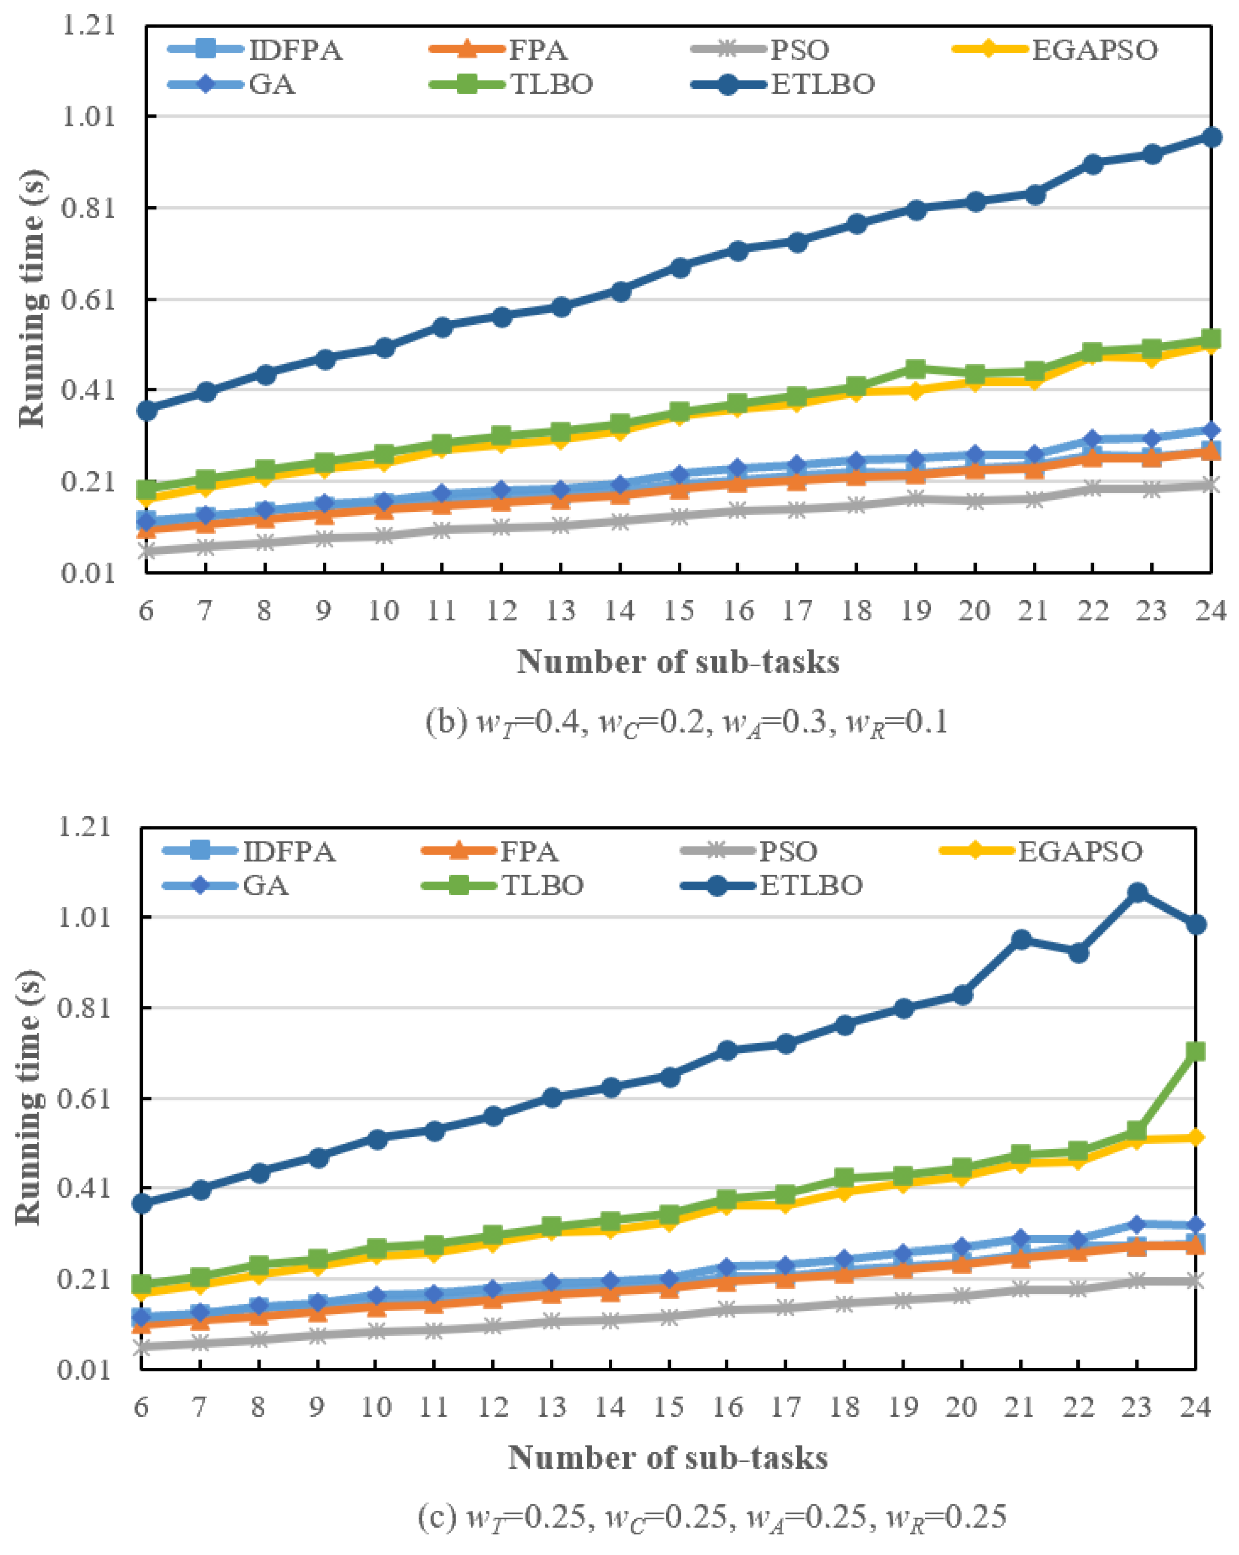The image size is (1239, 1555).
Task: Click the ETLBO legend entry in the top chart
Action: tap(822, 85)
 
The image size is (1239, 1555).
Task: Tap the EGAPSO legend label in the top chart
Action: tap(1094, 51)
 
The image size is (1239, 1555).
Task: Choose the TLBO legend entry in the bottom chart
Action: tap(542, 885)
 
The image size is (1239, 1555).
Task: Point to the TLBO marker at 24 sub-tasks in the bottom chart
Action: tap(1196, 1051)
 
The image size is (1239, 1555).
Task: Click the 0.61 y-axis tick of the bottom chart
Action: tap(85, 1099)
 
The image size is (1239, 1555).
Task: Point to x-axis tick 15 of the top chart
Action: tap(679, 611)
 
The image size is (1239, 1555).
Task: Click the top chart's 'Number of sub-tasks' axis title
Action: tap(678, 662)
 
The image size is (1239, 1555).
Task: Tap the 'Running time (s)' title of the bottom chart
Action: tap(29, 1097)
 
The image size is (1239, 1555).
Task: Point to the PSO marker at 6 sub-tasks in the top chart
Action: tap(146, 552)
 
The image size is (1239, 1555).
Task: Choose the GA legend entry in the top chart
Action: tap(271, 85)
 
